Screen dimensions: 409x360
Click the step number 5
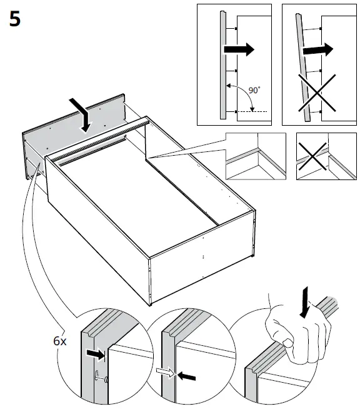point(15,19)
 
